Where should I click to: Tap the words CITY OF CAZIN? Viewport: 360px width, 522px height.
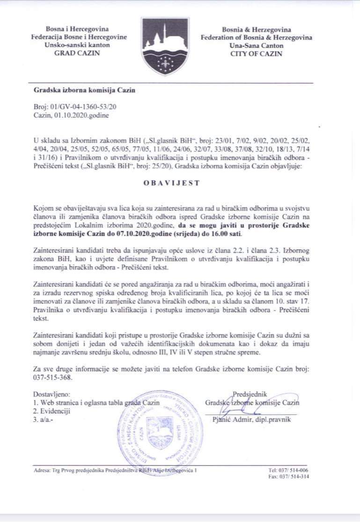pyautogui.click(x=256, y=54)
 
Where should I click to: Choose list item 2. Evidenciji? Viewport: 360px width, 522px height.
pyautogui.click(x=51, y=411)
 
